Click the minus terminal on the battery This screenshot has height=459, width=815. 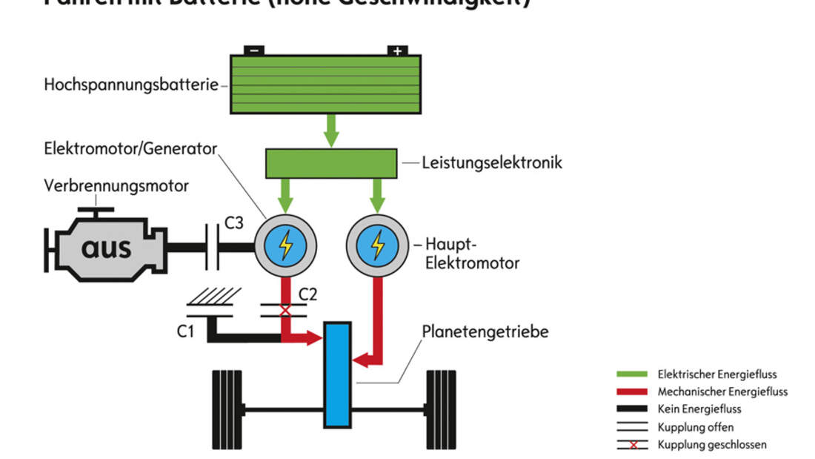pos(254,51)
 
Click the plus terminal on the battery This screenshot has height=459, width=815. pos(398,51)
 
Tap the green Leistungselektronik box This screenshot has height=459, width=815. pos(331,162)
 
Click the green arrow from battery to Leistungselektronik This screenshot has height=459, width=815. pos(331,130)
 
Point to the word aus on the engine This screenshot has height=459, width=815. pos(106,247)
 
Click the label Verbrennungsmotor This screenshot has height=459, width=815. pos(116,185)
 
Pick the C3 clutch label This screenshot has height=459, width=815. pos(233,222)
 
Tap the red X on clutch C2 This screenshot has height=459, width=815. pos(285,311)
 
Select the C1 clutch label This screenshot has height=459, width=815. pos(185,331)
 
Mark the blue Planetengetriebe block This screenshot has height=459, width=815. pos(337,374)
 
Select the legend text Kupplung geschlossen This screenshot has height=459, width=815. pos(712,445)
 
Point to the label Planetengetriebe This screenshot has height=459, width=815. pos(485,331)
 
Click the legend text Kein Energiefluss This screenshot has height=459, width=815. pos(699,409)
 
